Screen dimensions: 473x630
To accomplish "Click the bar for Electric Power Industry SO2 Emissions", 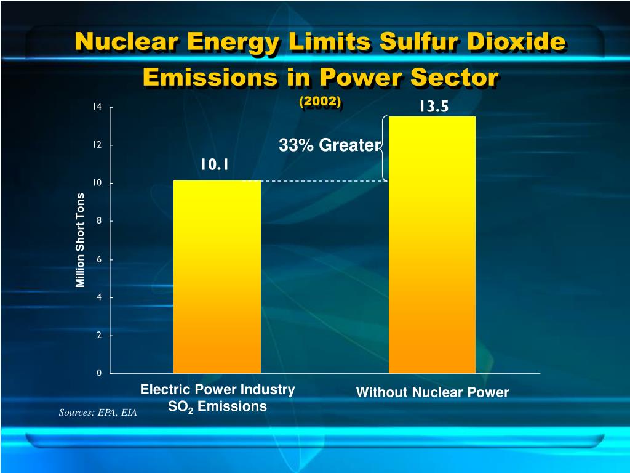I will click(217, 277).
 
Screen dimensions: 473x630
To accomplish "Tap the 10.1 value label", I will click(214, 164).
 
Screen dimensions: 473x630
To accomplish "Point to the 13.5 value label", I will click(434, 107).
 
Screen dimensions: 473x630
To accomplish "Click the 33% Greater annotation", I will click(330, 145).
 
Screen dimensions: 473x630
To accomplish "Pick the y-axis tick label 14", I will click(97, 107).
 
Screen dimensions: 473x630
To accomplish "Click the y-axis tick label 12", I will click(97, 145).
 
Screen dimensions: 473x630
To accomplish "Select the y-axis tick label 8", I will click(98, 221).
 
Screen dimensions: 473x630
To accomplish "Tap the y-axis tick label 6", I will click(98, 259).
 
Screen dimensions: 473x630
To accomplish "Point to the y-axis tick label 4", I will click(98, 297).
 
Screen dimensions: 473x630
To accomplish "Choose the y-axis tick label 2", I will click(98, 336).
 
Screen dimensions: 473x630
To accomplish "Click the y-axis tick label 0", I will click(98, 373).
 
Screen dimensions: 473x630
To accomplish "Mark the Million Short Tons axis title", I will click(80, 240).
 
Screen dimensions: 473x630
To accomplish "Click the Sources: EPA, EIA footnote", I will click(98, 413).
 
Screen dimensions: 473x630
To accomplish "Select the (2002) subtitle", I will click(320, 101).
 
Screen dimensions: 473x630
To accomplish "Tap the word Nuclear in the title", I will click(128, 42).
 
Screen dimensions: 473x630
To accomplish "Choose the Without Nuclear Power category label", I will click(433, 392).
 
